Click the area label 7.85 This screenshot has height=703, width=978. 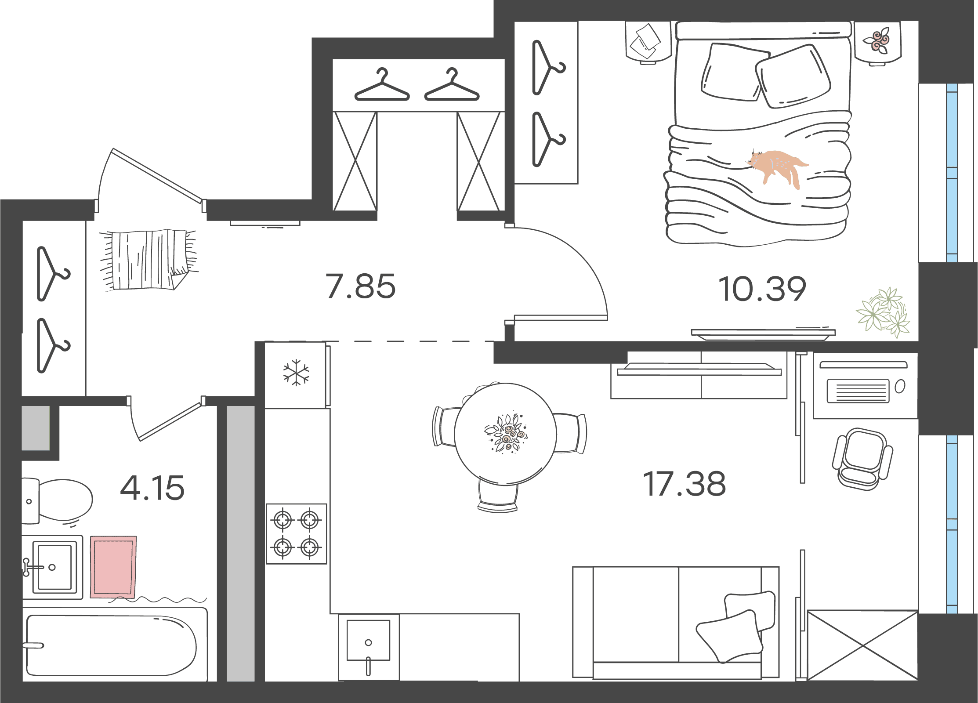360,286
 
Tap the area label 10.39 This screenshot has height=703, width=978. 762,289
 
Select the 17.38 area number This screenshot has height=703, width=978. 685,484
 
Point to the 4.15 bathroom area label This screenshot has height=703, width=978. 152,488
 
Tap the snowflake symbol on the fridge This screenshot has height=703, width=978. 296,373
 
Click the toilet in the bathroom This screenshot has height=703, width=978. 57,501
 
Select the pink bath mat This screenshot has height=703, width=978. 113,567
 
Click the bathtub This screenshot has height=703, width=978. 114,645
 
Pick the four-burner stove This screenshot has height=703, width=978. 296,534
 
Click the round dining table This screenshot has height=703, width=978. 505,434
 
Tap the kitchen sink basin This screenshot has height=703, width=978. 368,641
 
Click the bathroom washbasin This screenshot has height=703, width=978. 53,567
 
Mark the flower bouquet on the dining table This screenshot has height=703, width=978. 506,433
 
